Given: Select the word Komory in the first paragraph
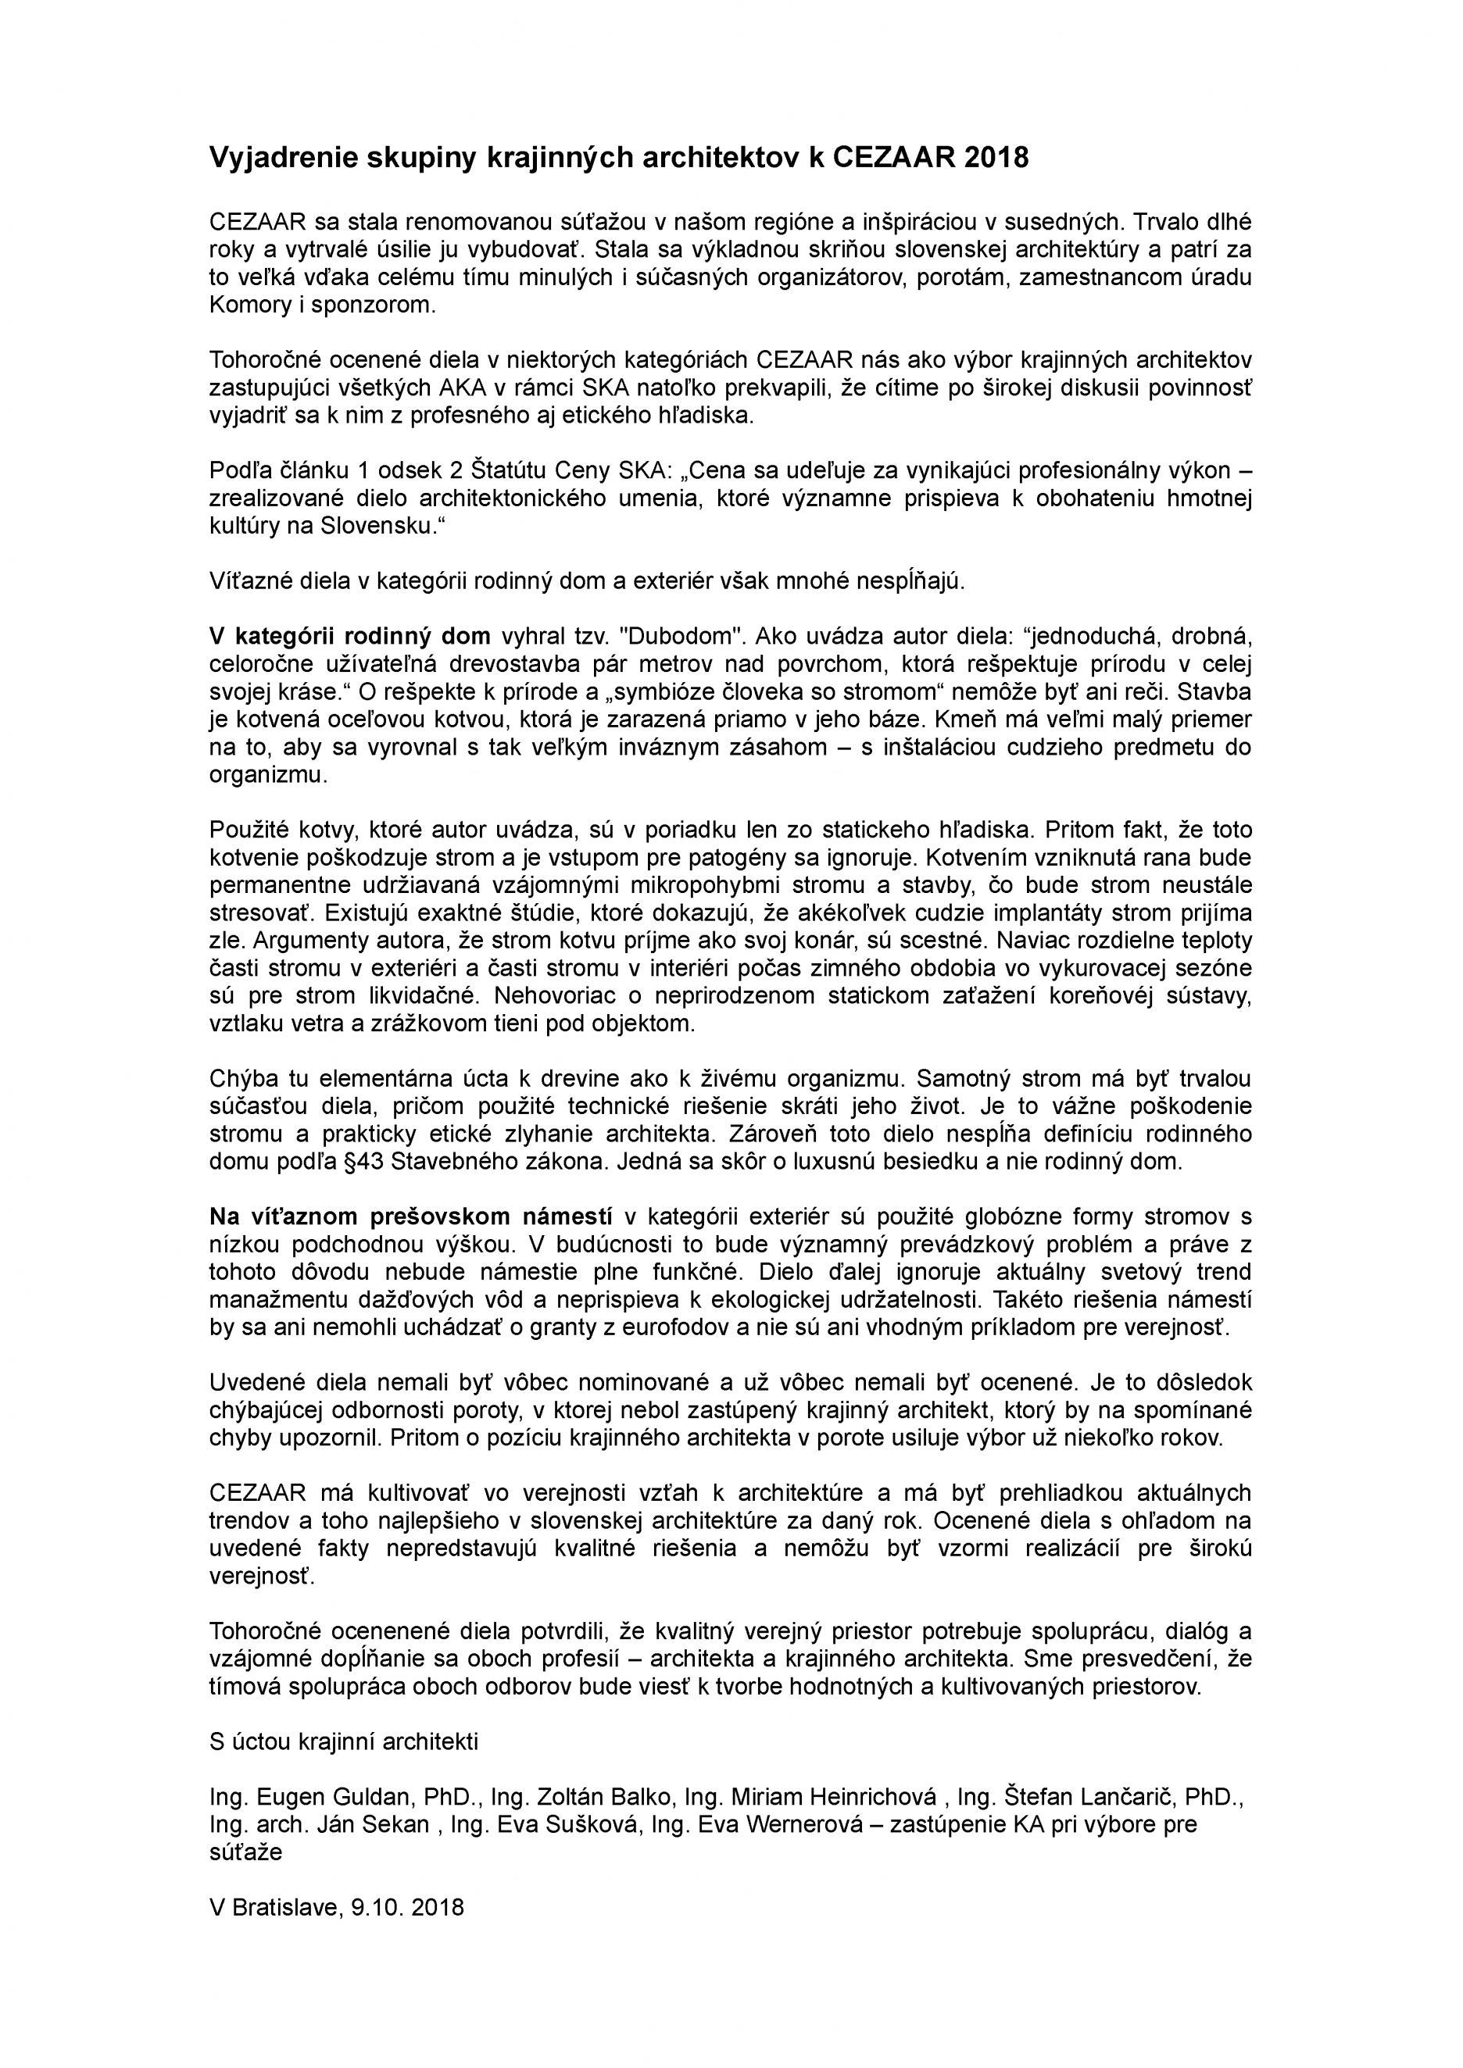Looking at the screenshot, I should coord(246,305).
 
